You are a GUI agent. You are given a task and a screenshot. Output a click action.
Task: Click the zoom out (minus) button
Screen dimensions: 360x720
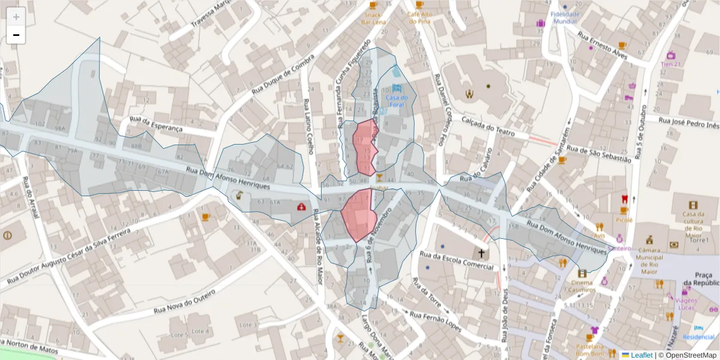(x=16, y=35)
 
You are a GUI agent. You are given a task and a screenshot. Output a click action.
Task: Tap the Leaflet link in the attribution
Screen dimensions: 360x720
(x=641, y=355)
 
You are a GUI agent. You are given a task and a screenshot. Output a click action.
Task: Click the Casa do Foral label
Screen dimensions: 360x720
(x=397, y=101)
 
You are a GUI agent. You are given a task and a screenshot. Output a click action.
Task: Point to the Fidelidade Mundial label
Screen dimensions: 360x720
(x=565, y=17)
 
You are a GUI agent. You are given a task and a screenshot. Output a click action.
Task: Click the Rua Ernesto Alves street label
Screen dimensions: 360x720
(x=602, y=45)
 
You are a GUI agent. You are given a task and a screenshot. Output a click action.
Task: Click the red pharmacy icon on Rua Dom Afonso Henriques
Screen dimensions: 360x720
(x=301, y=207)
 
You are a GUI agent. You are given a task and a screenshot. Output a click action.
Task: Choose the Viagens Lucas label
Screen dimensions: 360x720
(x=685, y=304)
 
